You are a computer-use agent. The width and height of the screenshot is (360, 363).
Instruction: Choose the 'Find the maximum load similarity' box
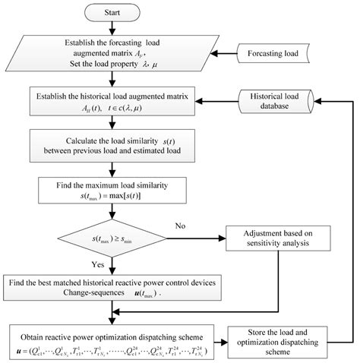pos(112,191)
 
